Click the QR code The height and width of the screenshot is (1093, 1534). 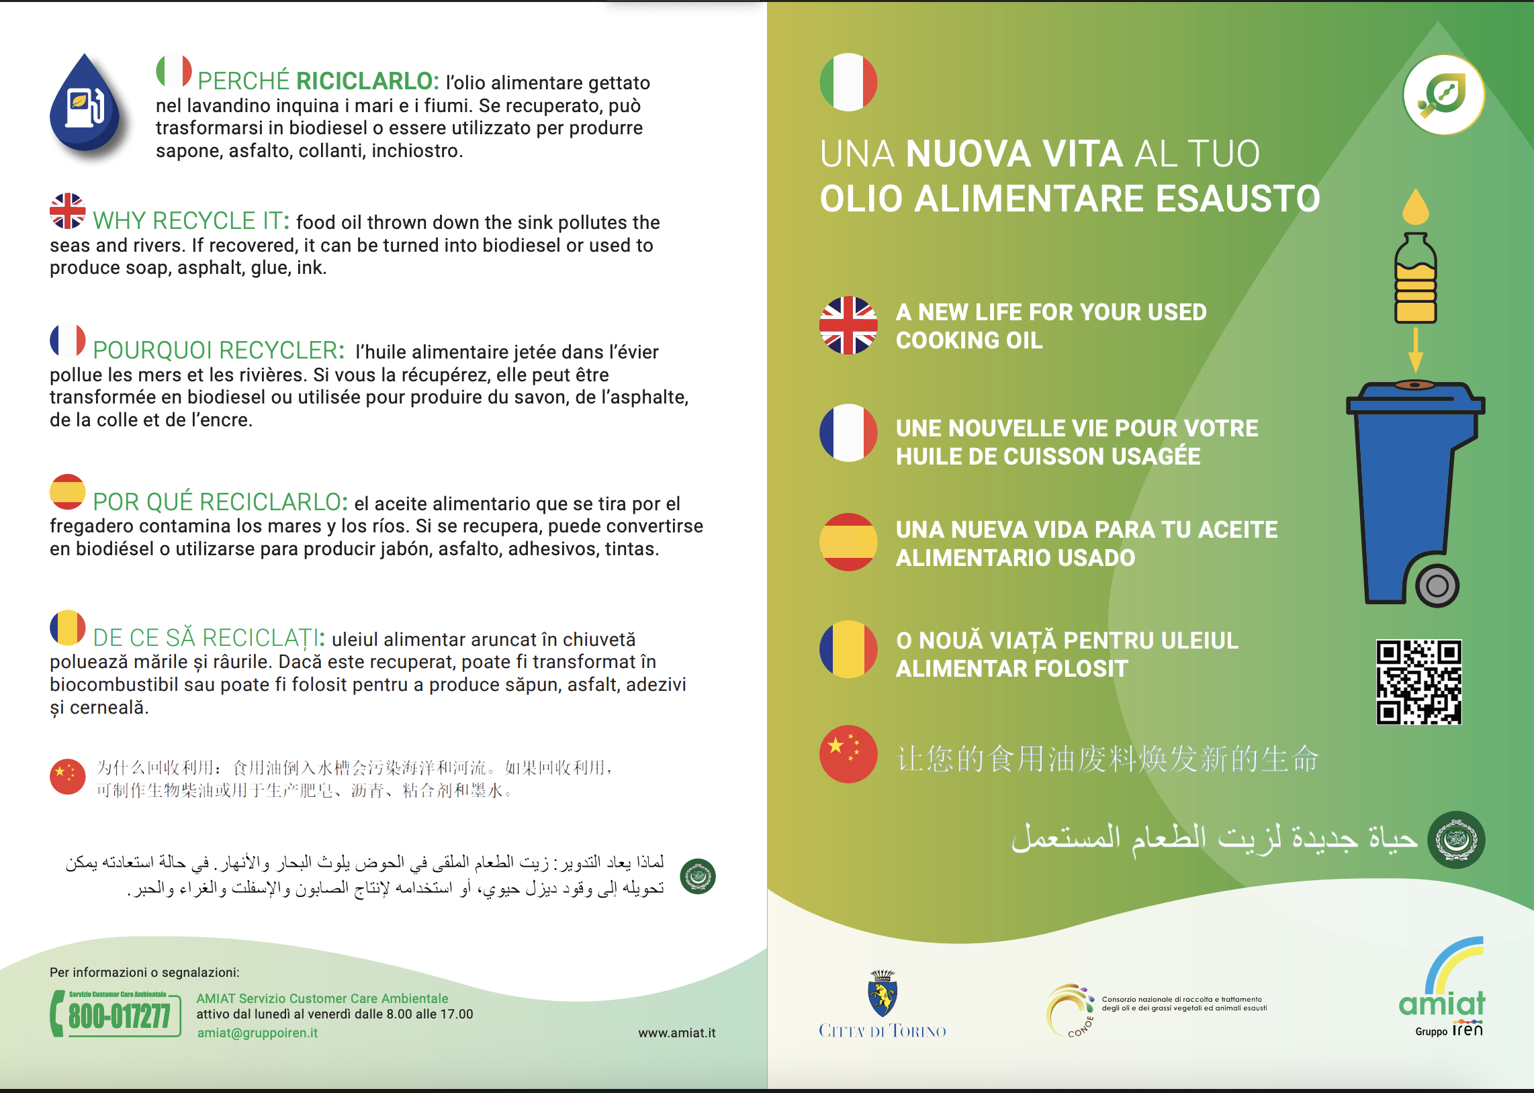pos(1418,681)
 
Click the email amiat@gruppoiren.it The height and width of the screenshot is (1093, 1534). pos(257,1033)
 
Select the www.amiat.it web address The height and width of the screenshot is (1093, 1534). pos(676,1033)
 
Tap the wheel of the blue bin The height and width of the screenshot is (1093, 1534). pos(1437,585)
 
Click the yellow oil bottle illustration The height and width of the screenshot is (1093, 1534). pos(1416,279)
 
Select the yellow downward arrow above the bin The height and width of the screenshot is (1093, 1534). pos(1416,350)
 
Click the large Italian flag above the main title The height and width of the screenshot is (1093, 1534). pos(848,82)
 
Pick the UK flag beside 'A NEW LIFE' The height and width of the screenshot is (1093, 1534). pos(848,325)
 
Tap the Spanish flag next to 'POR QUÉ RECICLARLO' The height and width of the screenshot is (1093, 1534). pos(67,492)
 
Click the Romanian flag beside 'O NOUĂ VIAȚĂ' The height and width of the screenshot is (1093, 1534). pos(848,649)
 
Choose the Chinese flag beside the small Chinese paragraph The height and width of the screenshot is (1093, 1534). pos(67,777)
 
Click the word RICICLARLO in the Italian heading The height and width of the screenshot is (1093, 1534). pos(367,81)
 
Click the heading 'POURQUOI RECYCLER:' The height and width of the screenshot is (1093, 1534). pos(219,350)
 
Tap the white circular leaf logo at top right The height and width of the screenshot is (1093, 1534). pos(1444,95)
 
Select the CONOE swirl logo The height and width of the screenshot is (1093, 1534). pos(1070,1010)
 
